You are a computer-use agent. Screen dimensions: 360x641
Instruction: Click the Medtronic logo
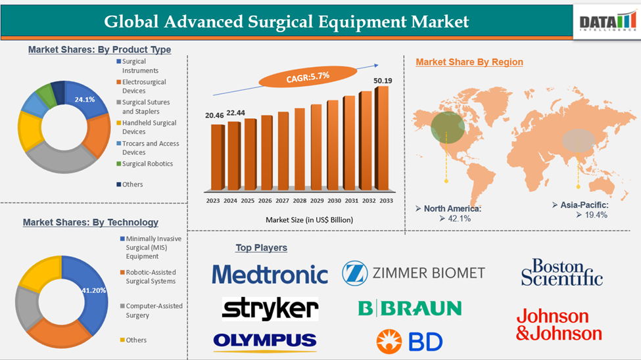pos(270,274)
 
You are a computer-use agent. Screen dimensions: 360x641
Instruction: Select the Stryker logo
pos(270,308)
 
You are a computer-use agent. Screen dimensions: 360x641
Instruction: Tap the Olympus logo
pos(264,340)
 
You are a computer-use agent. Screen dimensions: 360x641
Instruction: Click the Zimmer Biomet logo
pos(414,273)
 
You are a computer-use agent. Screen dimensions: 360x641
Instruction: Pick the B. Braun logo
pos(410,307)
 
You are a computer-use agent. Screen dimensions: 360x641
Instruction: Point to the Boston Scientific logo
pos(561,272)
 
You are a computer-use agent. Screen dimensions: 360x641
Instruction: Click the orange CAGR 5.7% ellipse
pos(308,78)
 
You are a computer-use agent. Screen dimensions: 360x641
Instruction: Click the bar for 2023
pos(218,156)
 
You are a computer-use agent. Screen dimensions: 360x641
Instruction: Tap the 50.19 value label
pos(382,81)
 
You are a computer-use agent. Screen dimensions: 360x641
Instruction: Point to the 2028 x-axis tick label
pos(299,200)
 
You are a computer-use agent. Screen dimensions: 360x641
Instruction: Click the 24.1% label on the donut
pos(85,100)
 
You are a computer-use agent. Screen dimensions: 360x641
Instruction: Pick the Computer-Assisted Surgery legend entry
pos(154,310)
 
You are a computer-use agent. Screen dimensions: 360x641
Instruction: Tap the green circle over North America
pos(447,127)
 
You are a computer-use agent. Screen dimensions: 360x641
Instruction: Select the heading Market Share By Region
pos(469,62)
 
